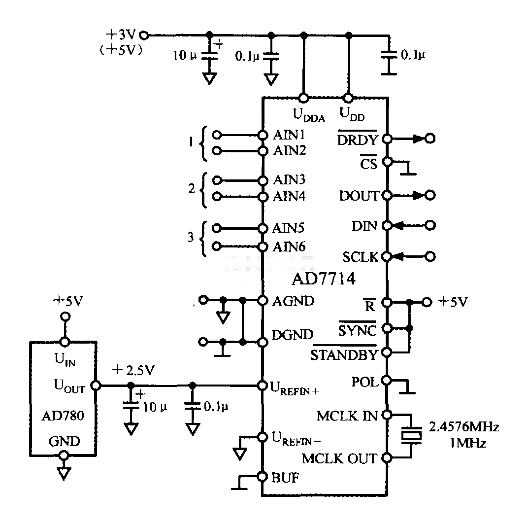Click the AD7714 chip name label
point(323,279)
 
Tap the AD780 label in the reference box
point(63,416)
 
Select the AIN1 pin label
point(289,135)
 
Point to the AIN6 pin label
point(289,247)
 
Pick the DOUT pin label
point(359,196)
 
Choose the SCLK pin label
point(361,257)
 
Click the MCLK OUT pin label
point(339,458)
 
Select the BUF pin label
point(285,478)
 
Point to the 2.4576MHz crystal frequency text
point(463,427)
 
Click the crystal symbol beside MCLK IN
point(411,435)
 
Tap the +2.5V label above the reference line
point(133,370)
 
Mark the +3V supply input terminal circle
point(144,35)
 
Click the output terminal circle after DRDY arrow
point(430,139)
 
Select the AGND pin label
point(293,301)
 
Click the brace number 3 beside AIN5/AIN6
point(191,237)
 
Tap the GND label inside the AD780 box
point(65,441)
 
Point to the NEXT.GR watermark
point(264,263)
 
